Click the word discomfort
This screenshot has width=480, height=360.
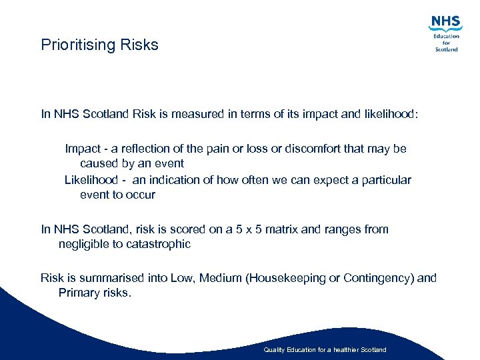pos(313,149)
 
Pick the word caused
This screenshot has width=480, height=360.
pos(98,163)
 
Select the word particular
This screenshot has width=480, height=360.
pos(387,180)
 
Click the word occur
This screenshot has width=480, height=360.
pos(141,195)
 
